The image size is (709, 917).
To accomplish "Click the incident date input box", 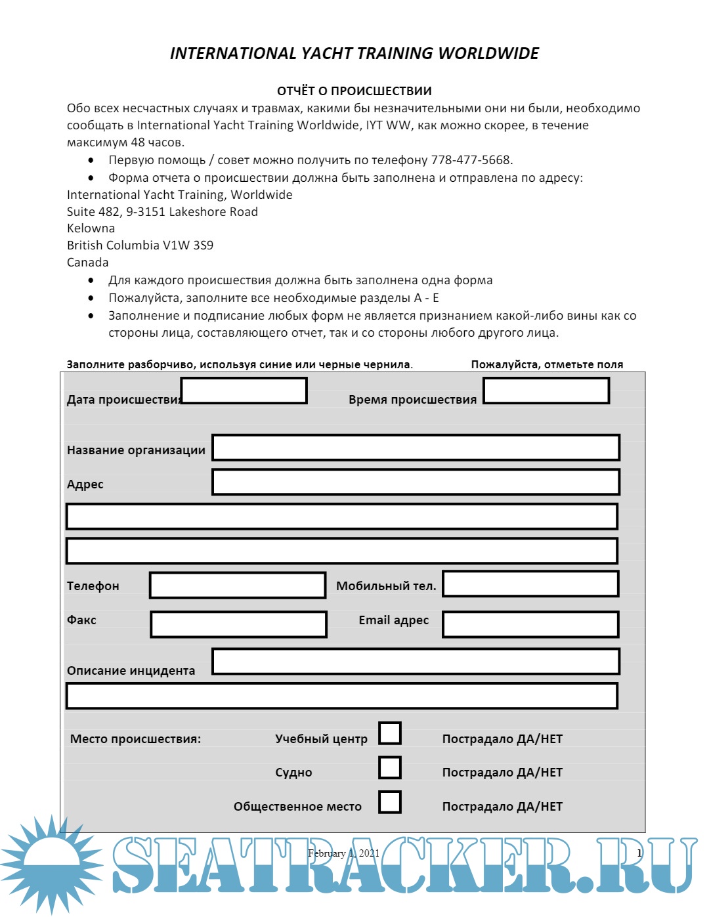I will click(244, 391).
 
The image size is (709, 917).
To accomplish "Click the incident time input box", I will click(546, 391).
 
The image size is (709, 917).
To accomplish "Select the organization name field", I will click(416, 447).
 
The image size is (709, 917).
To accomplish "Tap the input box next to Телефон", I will click(238, 585).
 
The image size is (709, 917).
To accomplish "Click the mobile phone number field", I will click(530, 584).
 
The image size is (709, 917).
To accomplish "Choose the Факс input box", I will click(238, 624).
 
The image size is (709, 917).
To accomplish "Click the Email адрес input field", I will click(530, 624).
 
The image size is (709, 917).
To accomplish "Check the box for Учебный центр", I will click(390, 733).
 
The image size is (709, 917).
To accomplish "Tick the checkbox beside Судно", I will click(390, 767).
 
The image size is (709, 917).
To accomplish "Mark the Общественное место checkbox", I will click(390, 801).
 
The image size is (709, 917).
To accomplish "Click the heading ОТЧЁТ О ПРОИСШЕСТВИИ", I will click(354, 91).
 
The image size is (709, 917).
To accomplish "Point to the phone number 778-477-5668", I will click(471, 160).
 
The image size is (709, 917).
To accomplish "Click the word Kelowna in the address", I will click(91, 228).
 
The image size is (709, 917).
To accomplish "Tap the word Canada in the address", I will click(87, 263).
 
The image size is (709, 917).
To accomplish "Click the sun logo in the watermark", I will click(51, 863).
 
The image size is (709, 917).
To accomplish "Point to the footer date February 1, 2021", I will click(343, 853).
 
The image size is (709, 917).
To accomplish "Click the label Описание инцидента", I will click(131, 671).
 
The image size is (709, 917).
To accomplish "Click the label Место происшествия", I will click(135, 739).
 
